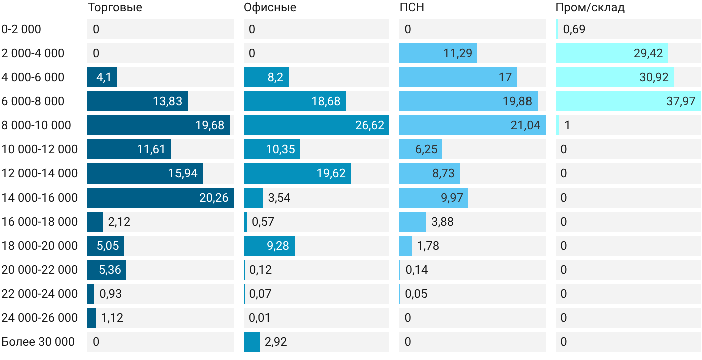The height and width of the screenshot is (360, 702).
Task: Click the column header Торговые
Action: [x=115, y=7]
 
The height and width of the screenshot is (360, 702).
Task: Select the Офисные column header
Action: [x=270, y=7]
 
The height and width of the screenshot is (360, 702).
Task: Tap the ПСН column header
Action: [x=412, y=7]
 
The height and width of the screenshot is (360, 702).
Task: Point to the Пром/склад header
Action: [x=590, y=7]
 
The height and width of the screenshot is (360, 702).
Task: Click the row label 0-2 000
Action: [x=21, y=29]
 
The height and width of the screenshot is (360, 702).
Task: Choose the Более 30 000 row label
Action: [x=38, y=342]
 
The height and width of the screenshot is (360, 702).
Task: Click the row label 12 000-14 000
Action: [x=40, y=173]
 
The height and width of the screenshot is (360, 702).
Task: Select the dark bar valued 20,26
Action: [x=160, y=198]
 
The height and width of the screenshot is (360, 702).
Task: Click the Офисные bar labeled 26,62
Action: [x=316, y=125]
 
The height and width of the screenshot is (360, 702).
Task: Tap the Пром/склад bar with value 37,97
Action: [x=628, y=101]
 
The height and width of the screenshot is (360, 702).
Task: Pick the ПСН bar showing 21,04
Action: [x=472, y=125]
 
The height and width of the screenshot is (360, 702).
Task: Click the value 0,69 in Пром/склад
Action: [x=574, y=29]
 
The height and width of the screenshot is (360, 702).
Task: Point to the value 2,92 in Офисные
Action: [x=276, y=342]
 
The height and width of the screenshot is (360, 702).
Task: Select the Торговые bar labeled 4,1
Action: [x=102, y=77]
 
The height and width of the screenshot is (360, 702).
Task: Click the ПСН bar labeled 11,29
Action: [x=438, y=53]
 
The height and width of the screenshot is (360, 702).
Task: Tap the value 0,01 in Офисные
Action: [x=259, y=318]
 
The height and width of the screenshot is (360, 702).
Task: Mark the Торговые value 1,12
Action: [x=112, y=318]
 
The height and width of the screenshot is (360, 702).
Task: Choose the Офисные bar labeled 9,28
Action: [x=269, y=246]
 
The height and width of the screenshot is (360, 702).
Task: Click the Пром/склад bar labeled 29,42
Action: [x=612, y=53]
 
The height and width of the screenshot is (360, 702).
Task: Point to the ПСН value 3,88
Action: [x=442, y=222]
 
